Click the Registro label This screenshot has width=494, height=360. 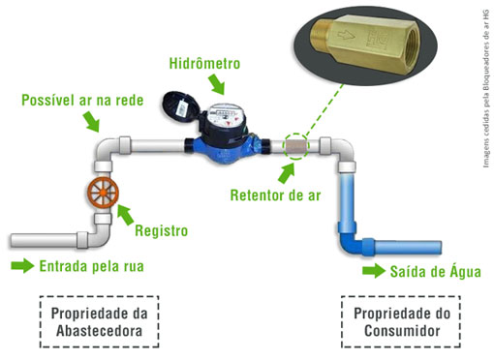[x=161, y=230]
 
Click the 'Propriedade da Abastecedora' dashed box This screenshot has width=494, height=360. [x=100, y=323]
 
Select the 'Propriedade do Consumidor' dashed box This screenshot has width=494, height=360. [x=398, y=323]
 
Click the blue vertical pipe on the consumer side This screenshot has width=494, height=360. [x=347, y=203]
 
